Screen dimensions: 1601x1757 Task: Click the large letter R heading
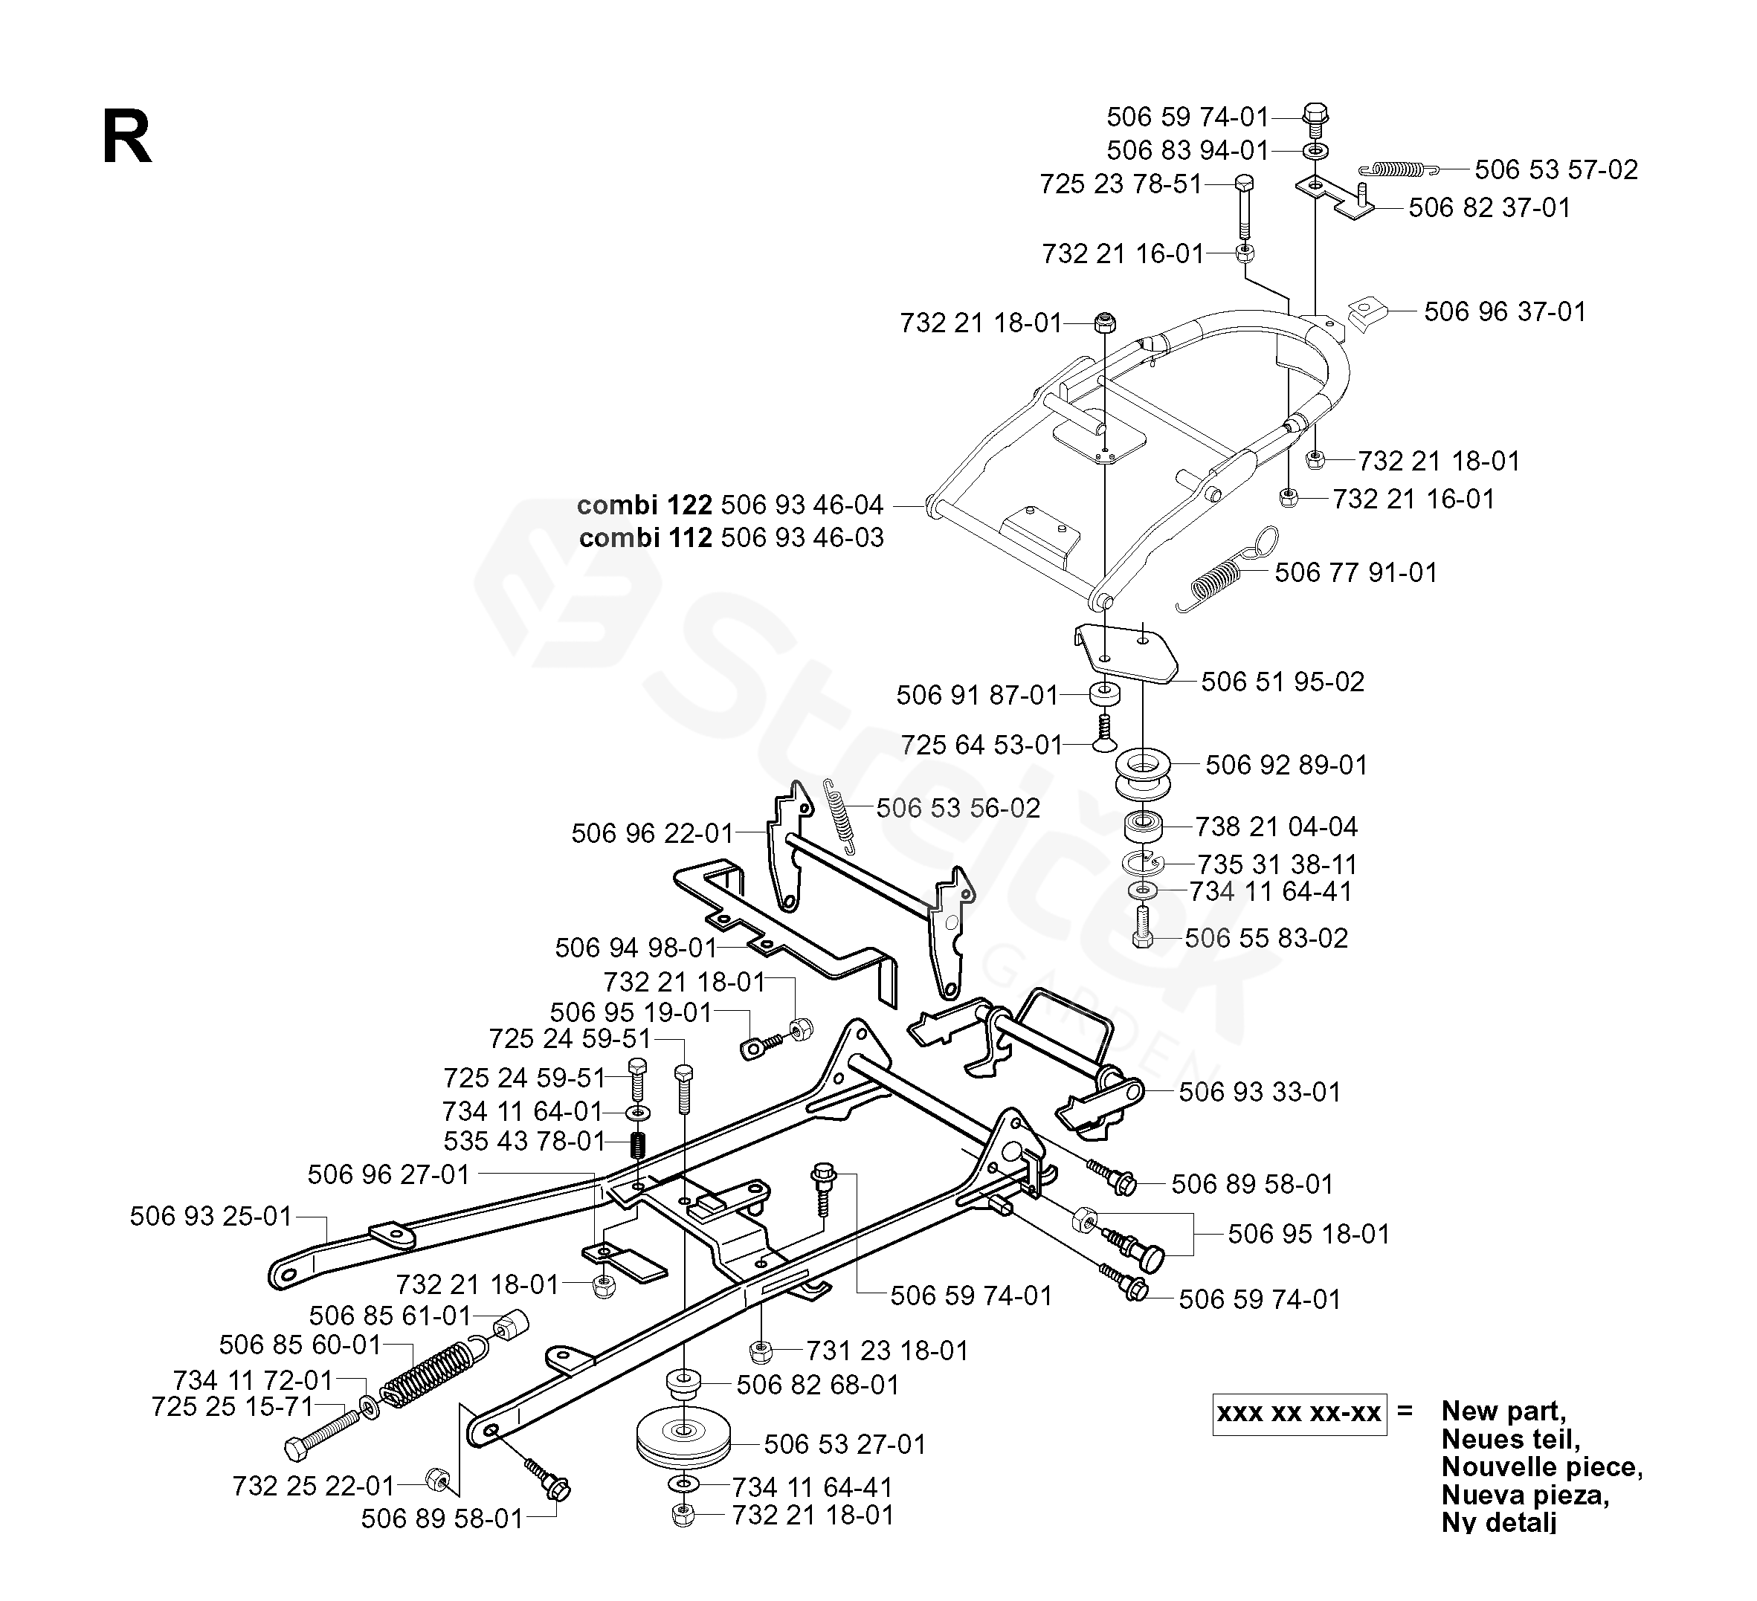click(x=126, y=138)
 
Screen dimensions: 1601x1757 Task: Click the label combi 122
click(x=644, y=505)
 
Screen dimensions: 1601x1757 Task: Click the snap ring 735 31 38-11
click(x=1144, y=863)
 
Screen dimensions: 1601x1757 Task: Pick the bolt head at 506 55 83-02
click(x=1143, y=939)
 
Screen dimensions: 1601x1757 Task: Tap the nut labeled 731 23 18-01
click(x=760, y=1351)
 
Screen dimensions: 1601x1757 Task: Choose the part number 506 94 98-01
click(x=634, y=948)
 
